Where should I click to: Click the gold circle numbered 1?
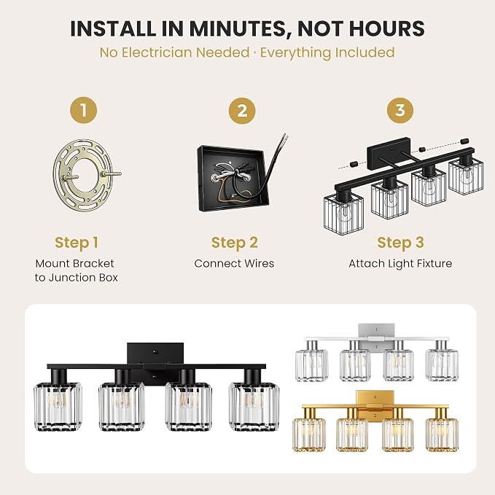(83, 110)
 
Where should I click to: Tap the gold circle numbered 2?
(242, 111)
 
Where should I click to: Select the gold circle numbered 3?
(400, 110)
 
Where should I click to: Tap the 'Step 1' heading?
(77, 243)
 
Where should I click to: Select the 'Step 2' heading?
(235, 243)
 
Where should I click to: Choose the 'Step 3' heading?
(400, 243)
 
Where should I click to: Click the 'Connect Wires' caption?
(234, 263)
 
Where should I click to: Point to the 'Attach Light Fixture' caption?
(400, 264)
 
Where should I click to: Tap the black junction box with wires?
(234, 179)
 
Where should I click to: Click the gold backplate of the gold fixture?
(375, 404)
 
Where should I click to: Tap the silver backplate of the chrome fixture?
(376, 336)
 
